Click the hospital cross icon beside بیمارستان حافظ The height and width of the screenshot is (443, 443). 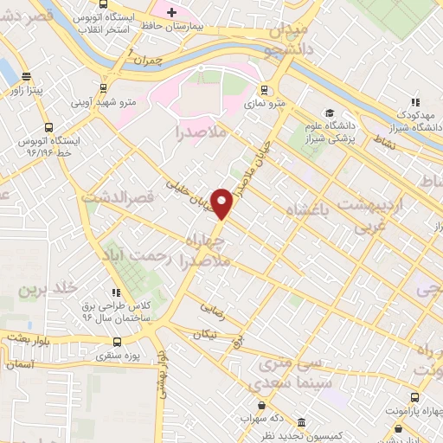pyautogui.click(x=171, y=13)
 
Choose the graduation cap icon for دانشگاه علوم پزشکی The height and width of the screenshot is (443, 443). pyautogui.click(x=330, y=113)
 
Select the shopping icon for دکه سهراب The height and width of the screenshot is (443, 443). pyautogui.click(x=260, y=404)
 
